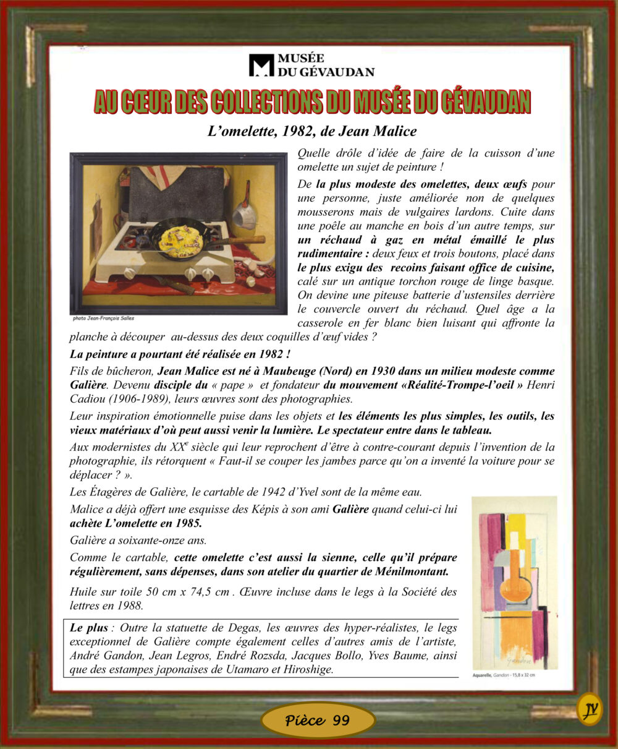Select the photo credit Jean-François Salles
pos(103,319)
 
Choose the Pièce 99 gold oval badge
pos(318,720)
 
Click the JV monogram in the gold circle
pos(590,709)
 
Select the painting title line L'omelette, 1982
pos(312,131)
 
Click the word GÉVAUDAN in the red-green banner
pos(486,102)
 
